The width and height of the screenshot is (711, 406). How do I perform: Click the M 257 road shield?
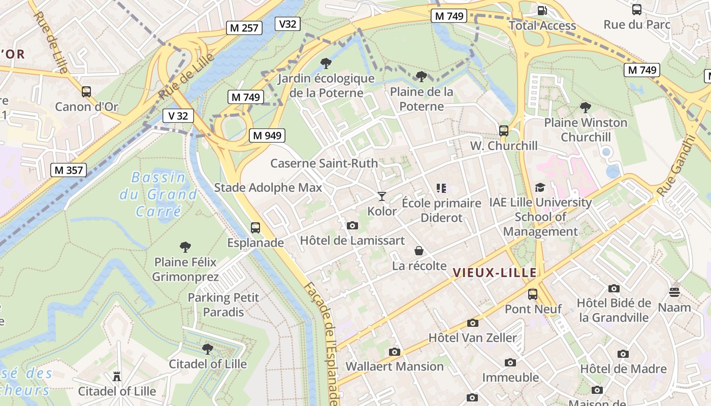244,28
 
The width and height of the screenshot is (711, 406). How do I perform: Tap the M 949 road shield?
267,136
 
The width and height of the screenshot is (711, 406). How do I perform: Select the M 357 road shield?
69,170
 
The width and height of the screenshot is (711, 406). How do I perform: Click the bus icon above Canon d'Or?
86,92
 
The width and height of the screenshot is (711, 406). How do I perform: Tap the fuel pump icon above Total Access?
542,10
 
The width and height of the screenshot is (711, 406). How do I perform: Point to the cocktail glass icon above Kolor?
382,196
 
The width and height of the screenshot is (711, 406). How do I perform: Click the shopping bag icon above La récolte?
419,251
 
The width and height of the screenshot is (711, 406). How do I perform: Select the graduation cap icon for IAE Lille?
540,188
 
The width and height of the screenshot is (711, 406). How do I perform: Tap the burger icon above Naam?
674,292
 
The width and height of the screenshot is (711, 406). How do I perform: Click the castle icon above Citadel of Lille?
117,376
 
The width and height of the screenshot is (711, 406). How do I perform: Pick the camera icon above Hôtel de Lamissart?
352,225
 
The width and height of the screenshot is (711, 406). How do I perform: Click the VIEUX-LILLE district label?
495,273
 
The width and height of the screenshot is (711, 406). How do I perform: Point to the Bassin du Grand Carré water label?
158,194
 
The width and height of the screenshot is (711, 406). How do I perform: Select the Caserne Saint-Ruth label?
324,163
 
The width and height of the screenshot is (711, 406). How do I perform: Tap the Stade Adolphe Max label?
268,188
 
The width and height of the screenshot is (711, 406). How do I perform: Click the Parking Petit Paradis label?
223,304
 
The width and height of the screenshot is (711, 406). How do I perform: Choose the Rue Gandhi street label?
675,165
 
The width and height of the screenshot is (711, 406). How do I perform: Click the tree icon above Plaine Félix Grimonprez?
185,247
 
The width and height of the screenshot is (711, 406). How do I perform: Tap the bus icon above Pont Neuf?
533,294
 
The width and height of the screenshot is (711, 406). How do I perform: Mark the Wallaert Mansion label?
395,366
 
